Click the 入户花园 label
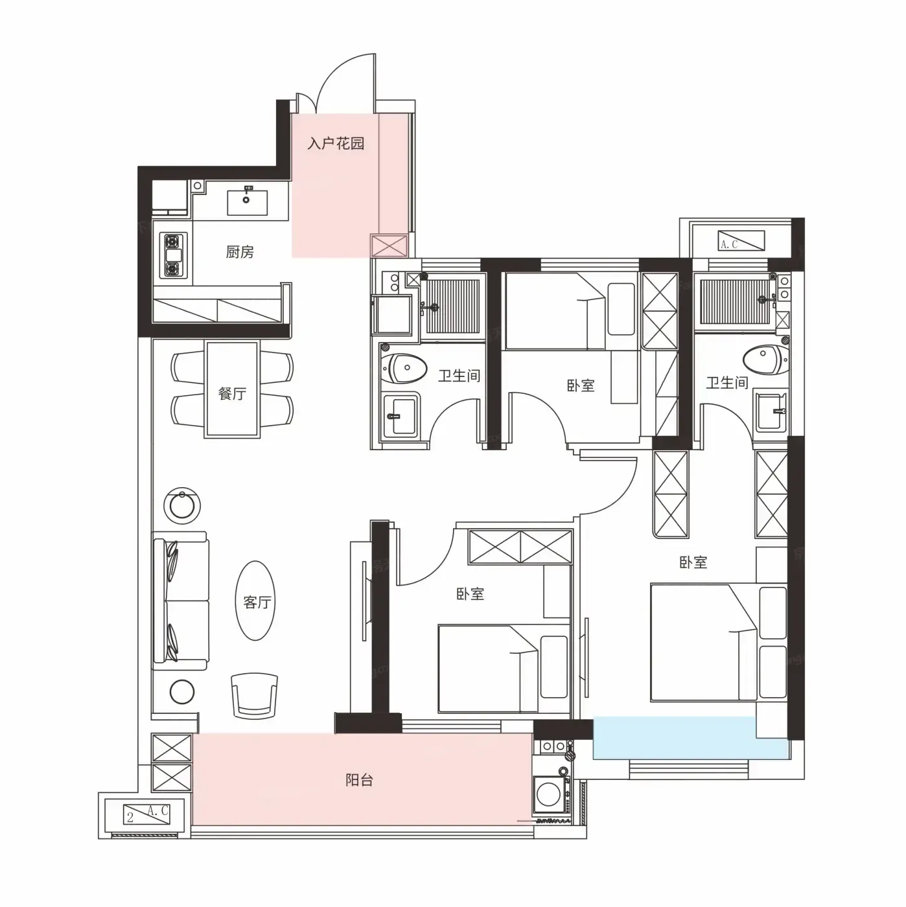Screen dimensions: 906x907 [336, 143]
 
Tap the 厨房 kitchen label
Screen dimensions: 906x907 [240, 252]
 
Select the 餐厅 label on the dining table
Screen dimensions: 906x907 [232, 393]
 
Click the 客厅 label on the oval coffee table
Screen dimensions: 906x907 [257, 601]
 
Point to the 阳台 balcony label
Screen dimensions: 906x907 [359, 780]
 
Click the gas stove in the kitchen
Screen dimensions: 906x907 [173, 255]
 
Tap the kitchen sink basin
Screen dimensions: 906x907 [247, 202]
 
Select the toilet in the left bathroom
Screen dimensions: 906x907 [404, 369]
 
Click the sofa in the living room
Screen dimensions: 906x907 [180, 600]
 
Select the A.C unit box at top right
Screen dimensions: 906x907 [741, 240]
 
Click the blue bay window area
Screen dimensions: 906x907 [691, 737]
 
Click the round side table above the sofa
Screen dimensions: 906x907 [182, 505]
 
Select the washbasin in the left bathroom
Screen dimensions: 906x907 [401, 416]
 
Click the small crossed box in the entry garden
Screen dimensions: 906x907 [389, 246]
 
